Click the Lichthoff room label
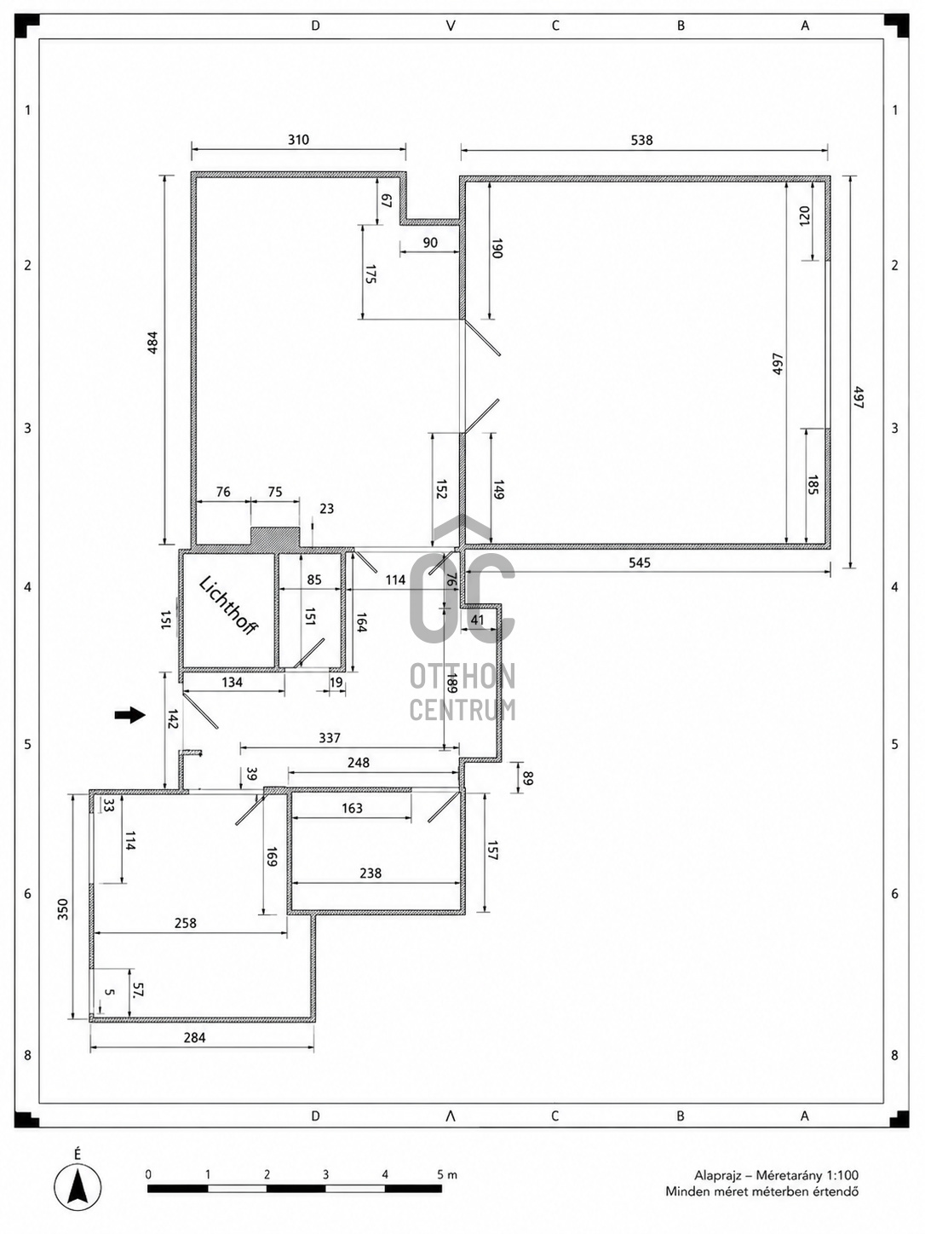coord(228,606)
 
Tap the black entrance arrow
coord(129,715)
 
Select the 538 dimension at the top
coord(641,140)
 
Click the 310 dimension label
coord(298,140)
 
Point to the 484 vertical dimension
coord(152,343)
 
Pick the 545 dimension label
coord(639,562)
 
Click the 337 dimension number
coord(329,738)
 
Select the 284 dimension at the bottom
coord(194,1038)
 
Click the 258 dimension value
coord(186,923)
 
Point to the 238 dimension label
coord(371,873)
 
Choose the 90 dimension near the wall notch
coord(429,243)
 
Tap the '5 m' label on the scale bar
coord(448,1174)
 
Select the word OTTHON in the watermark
coord(462,677)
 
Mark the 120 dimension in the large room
coord(804,216)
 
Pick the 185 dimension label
coord(812,485)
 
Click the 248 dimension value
coord(359,763)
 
